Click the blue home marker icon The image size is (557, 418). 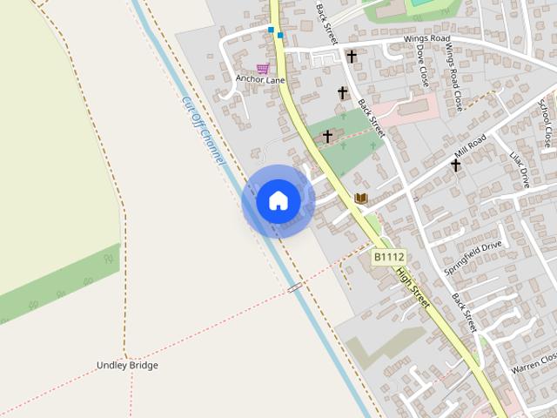click(278, 200)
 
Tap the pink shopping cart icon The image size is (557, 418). click(262, 69)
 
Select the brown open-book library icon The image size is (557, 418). click(361, 199)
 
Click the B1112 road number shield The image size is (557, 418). click(389, 257)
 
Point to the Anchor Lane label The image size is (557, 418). click(260, 80)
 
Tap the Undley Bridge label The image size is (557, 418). click(127, 366)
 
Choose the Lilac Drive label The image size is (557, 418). click(519, 170)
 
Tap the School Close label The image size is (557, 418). click(545, 123)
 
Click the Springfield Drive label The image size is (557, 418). click(473, 259)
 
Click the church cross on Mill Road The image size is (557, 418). click(455, 164)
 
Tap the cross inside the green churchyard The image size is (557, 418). click(327, 136)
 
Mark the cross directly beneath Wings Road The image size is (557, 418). click(352, 57)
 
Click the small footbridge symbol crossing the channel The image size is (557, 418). click(295, 286)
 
